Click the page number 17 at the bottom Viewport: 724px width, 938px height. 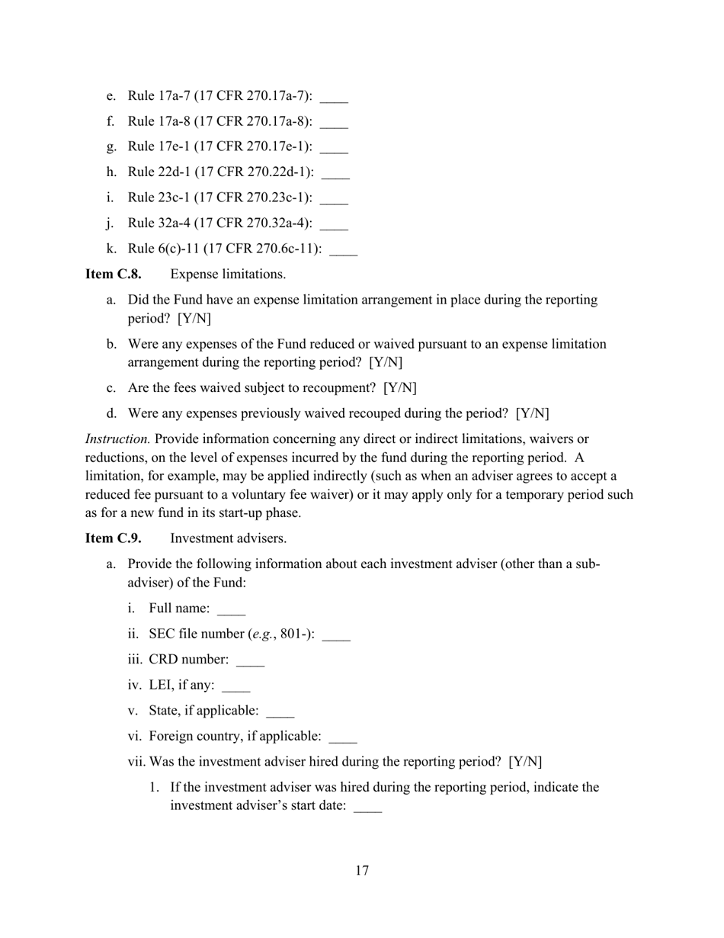coord(362,870)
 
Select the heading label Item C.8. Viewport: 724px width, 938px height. coord(113,274)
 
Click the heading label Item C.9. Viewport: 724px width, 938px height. coord(113,538)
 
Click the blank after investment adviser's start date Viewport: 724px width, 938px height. coord(368,808)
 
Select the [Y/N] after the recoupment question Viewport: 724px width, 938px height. coord(400,388)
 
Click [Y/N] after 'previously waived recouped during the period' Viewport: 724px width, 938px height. coord(532,414)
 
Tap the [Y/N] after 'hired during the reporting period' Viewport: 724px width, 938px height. coord(525,762)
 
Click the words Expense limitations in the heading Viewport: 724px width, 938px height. coord(228,274)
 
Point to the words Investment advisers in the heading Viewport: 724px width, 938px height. coord(228,538)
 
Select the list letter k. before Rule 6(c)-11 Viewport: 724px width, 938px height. coord(111,249)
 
